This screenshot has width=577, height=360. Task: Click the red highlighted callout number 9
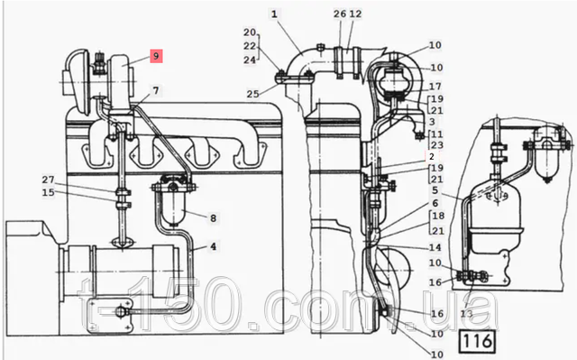156,56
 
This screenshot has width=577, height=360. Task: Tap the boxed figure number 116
477,341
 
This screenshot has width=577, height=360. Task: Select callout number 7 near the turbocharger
156,90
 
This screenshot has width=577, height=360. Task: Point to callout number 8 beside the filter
213,218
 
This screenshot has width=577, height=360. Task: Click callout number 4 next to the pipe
214,246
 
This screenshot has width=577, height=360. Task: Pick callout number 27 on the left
48,180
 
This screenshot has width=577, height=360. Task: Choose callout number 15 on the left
48,192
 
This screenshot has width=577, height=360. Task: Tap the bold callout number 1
274,14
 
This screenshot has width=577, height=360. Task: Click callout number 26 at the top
340,14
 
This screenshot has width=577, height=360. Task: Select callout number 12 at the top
355,14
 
